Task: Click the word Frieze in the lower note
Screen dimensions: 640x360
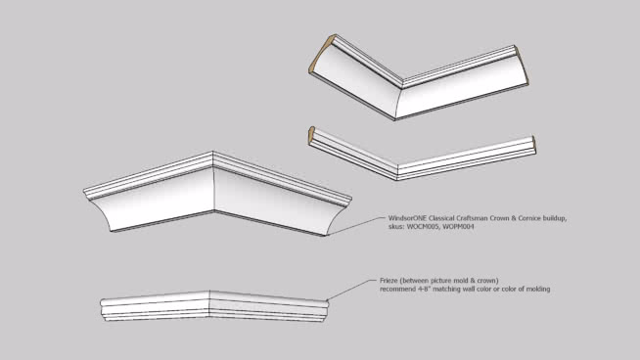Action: pyautogui.click(x=389, y=281)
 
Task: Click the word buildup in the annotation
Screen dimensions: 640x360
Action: pyautogui.click(x=555, y=219)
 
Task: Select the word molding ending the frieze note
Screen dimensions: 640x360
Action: pyautogui.click(x=538, y=289)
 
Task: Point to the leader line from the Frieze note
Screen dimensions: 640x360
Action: pyautogui.click(x=352, y=290)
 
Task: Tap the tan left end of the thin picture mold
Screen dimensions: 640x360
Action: pyautogui.click(x=311, y=135)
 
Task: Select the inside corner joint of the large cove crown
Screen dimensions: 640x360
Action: pyautogui.click(x=399, y=99)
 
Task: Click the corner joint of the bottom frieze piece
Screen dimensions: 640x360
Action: pyautogui.click(x=209, y=303)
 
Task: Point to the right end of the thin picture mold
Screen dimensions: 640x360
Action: pyautogui.click(x=534, y=146)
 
